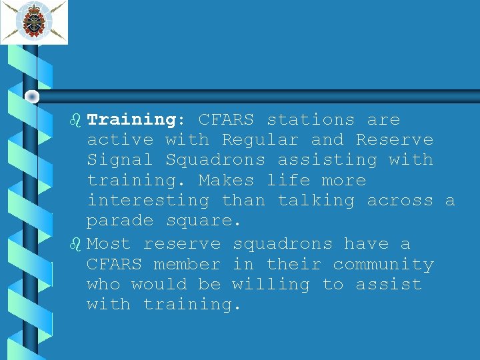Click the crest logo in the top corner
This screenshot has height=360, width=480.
point(34,22)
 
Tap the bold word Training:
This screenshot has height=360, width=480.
point(131,120)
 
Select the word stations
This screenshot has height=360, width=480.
point(311,120)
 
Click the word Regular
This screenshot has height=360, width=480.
point(260,140)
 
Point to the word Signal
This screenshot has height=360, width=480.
point(120,160)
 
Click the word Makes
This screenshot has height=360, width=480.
point(226,180)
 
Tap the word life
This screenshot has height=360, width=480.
point(288,180)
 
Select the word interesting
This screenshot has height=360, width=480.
point(148,200)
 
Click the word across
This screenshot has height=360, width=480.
point(400,200)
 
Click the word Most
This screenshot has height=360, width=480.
point(109,244)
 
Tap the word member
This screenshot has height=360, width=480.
point(187,264)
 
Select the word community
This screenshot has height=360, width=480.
point(383,265)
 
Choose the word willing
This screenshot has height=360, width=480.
point(271,285)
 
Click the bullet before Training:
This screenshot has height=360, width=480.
point(75,120)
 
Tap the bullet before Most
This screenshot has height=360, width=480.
point(75,244)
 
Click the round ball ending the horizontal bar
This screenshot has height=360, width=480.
point(31,97)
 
